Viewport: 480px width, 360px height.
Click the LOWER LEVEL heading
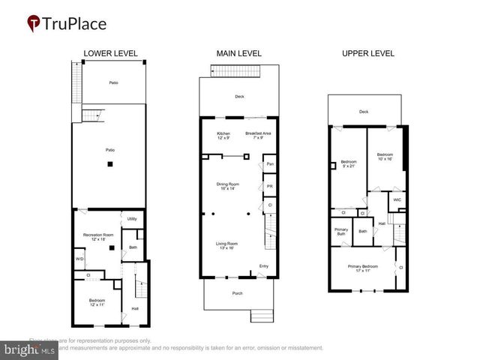[x=110, y=53]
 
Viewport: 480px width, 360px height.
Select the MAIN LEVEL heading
[x=238, y=53]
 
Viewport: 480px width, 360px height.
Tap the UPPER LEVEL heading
[x=367, y=53]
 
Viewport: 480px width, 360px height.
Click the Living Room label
[x=227, y=245]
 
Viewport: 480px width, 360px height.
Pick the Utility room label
[x=131, y=219]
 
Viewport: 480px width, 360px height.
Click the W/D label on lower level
[x=79, y=259]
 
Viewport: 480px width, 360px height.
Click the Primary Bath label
[x=340, y=232]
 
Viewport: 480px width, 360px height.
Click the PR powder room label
[x=268, y=186]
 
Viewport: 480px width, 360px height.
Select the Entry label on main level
[x=263, y=266]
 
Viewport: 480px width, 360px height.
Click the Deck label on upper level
[x=364, y=112]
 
